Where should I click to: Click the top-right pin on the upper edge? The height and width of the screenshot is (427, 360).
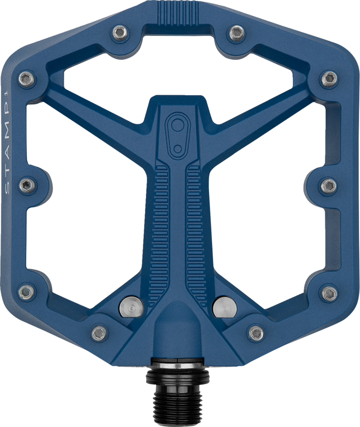pos(236,32)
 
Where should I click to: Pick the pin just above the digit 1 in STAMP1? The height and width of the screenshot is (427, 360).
pos(27,79)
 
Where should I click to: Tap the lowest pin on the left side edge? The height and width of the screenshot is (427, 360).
pos(28,293)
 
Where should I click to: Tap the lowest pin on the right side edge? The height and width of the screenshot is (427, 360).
pos(329,293)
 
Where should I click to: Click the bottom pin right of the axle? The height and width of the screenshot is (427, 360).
pos(256,332)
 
